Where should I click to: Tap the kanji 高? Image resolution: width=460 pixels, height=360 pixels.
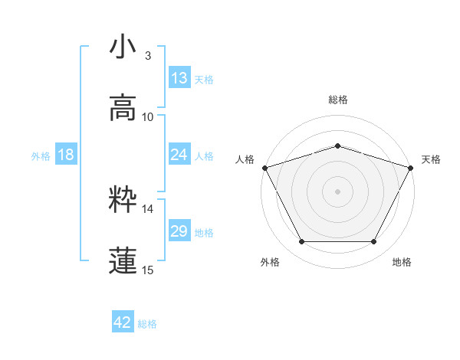click(123, 107)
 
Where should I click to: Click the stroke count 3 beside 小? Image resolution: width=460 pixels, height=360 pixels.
click(147, 55)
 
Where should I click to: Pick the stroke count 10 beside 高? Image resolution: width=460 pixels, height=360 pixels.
click(148, 116)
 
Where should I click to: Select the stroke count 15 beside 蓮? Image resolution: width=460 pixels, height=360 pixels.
click(148, 270)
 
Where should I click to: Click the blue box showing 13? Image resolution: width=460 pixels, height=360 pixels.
click(179, 77)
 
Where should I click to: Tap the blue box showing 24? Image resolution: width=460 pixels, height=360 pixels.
click(179, 155)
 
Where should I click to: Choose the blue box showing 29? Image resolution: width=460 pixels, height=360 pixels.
click(179, 231)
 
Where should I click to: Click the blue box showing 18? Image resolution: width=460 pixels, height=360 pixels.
click(66, 155)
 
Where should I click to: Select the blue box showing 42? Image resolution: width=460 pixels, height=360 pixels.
click(123, 322)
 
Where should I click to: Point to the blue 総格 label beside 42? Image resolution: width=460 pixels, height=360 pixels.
click(147, 324)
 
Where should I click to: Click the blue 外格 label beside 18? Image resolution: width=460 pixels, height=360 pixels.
click(41, 156)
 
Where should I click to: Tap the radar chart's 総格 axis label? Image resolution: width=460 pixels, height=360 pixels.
click(337, 100)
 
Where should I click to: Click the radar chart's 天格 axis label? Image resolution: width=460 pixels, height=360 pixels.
click(432, 159)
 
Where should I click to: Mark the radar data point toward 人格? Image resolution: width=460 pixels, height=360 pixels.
click(264, 168)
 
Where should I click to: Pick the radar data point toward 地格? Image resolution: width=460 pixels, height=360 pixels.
click(374, 242)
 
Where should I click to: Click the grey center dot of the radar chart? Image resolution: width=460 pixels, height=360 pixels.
click(337, 191)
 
